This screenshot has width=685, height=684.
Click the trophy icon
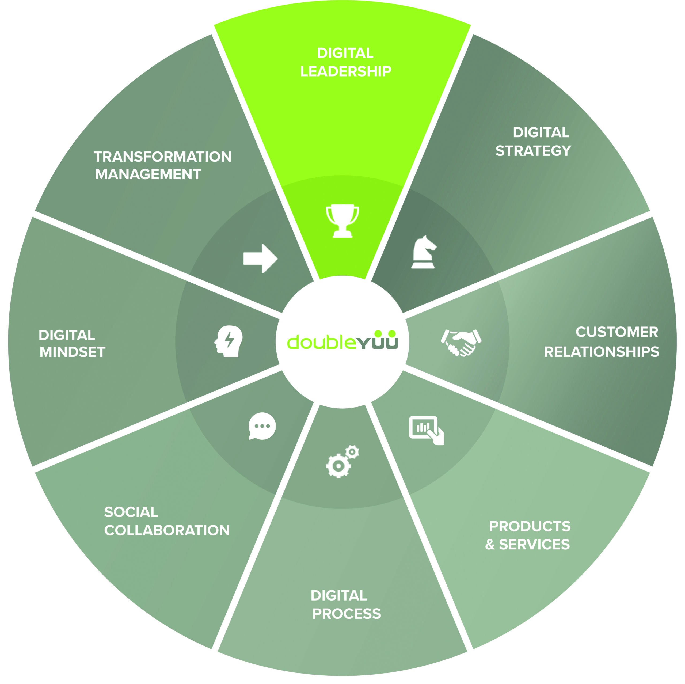[x=342, y=221]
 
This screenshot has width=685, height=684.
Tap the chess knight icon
[x=423, y=252]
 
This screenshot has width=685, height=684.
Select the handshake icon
[x=461, y=343]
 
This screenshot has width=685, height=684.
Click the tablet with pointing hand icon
[x=427, y=430]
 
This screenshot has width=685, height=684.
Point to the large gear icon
[x=338, y=466]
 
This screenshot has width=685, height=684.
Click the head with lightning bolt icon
[x=229, y=341]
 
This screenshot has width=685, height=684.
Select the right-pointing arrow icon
[x=260, y=259]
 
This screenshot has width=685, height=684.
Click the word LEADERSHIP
[x=346, y=71]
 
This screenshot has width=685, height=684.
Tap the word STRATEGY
[x=533, y=151]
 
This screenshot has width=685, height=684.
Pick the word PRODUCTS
[x=530, y=526]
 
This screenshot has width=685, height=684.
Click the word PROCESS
[x=347, y=614]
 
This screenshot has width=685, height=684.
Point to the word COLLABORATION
[x=167, y=530]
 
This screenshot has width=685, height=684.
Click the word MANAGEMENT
[x=148, y=174]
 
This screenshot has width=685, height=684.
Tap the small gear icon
[x=352, y=452]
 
